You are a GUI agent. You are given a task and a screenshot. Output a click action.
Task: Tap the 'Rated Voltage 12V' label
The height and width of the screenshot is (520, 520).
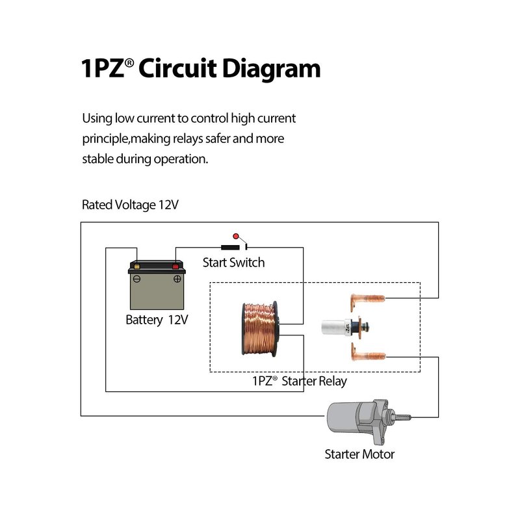[x=130, y=205]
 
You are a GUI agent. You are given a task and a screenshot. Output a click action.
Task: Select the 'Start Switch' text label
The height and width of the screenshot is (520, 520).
[x=233, y=263]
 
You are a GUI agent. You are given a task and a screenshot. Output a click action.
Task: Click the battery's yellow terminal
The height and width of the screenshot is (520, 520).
[x=136, y=266]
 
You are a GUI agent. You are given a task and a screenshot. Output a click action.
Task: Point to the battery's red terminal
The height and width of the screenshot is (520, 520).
[x=175, y=266]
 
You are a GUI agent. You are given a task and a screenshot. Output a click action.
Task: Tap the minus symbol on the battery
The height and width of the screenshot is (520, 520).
[x=136, y=279]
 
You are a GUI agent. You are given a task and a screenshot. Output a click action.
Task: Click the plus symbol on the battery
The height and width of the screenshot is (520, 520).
[x=177, y=279]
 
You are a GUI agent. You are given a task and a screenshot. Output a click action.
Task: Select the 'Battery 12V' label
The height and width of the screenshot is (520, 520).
[x=157, y=320]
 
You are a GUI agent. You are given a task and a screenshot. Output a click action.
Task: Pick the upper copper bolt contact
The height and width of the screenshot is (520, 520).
[x=367, y=300]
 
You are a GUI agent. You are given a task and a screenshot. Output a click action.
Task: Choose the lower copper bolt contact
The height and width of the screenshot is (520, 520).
[x=367, y=354]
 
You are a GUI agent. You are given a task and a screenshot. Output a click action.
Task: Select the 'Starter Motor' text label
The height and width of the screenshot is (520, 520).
[x=359, y=454]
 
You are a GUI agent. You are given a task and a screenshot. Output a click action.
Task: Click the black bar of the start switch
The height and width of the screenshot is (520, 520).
[x=229, y=247]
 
